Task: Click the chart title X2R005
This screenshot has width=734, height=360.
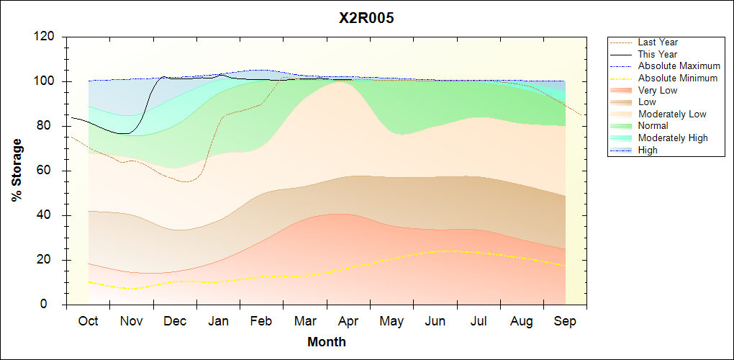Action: (366, 19)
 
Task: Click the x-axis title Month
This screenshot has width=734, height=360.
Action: (326, 342)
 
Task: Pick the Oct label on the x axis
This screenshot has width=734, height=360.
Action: (89, 321)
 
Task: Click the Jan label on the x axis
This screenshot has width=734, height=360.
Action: (218, 321)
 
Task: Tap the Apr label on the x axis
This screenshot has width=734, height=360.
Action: (348, 321)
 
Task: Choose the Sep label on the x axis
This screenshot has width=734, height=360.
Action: (566, 321)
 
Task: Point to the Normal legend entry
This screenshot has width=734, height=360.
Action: (653, 126)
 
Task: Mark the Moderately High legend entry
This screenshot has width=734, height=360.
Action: (673, 138)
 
